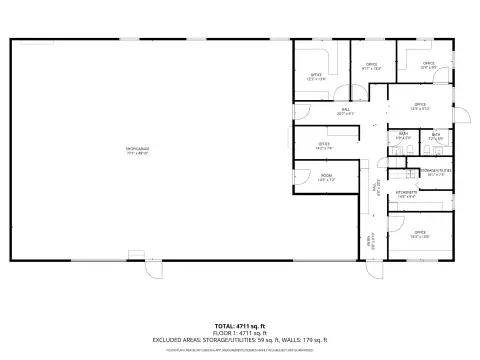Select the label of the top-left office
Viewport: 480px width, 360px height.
click(x=316, y=76)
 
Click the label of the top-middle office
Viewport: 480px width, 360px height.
click(x=371, y=68)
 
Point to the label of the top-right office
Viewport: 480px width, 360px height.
click(x=428, y=66)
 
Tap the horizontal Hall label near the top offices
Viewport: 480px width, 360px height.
click(x=346, y=112)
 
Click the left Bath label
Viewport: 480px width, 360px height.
click(x=404, y=136)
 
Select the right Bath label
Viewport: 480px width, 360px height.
click(x=436, y=136)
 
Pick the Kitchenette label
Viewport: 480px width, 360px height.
click(x=406, y=195)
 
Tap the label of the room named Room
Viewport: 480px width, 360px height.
click(x=326, y=178)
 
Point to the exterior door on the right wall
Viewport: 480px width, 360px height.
click(x=461, y=113)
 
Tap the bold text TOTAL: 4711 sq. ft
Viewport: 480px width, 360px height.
click(x=240, y=325)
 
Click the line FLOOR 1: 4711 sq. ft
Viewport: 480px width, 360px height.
click(x=240, y=332)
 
